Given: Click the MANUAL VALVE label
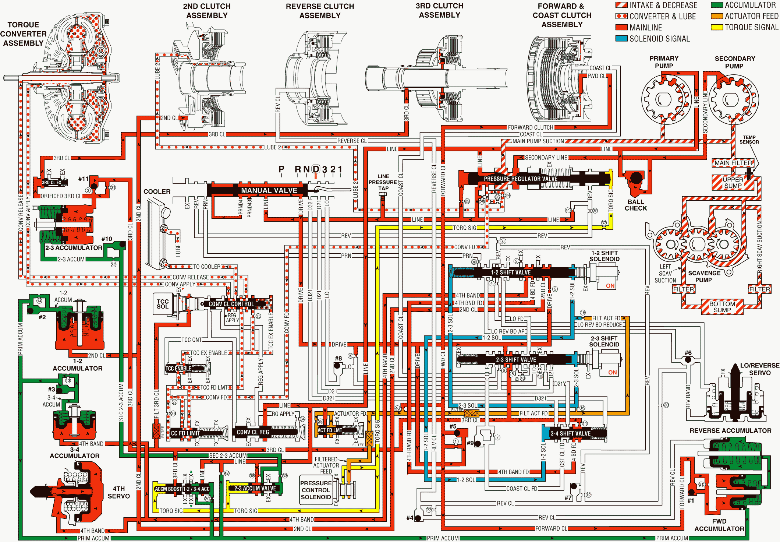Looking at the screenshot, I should [269, 190].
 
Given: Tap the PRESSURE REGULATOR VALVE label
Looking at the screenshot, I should [520, 179].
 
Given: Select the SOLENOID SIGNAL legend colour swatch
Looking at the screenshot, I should [621, 38].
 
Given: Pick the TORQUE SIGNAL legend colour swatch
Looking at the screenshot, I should [717, 27].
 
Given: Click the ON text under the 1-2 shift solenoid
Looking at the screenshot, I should [610, 286].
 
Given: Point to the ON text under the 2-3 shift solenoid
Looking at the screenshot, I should [612, 372].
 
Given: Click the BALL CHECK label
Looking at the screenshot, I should [635, 205].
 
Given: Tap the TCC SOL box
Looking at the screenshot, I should [162, 304].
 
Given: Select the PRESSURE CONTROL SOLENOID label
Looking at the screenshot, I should [316, 490].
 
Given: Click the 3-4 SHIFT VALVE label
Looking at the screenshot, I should [570, 433].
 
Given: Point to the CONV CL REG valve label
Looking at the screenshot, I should [253, 432].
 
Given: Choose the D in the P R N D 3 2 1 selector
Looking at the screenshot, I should [316, 169].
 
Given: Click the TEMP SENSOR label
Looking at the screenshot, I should [749, 140].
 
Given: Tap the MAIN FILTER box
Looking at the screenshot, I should [733, 163].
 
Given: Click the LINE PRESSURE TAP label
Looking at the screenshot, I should [383, 182].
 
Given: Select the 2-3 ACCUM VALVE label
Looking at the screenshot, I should [255, 488].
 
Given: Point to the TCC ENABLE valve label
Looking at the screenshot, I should [178, 368].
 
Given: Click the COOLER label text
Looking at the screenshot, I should [157, 191].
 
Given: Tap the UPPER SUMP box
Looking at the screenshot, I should [733, 183].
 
